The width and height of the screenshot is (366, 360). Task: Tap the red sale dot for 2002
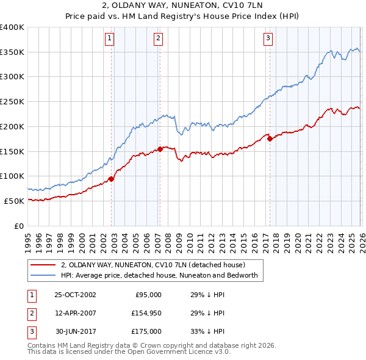click(111, 179)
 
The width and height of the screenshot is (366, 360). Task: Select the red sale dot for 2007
click(160, 148)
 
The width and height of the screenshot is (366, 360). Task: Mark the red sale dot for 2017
click(270, 139)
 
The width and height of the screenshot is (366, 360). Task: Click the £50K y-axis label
click(14, 201)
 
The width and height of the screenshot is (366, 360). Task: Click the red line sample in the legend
click(43, 265)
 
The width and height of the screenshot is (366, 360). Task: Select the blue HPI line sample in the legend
click(43, 276)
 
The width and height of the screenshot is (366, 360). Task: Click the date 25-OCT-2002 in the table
click(75, 295)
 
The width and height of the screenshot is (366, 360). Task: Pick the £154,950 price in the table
click(145, 313)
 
